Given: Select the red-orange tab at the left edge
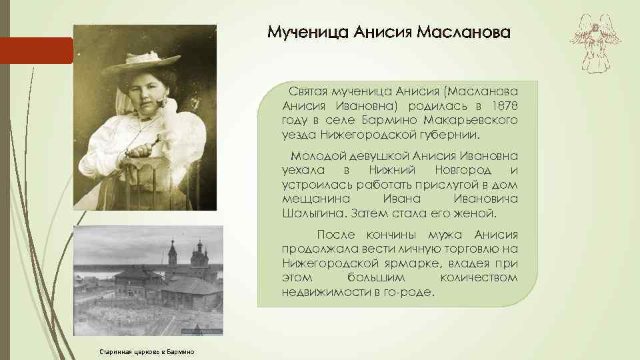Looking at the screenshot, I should coord(36,50).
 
